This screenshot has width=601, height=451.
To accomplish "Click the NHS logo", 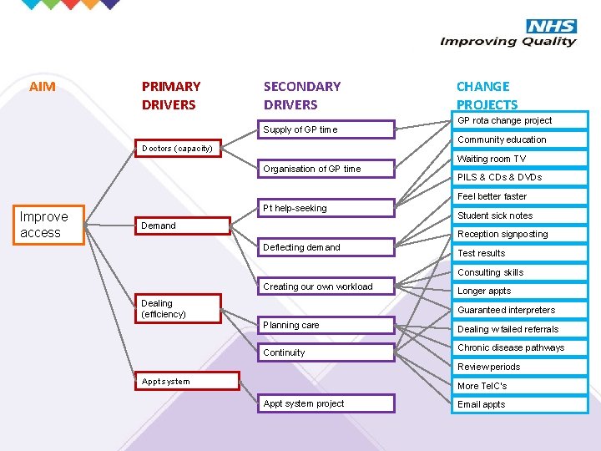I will coord(551,26).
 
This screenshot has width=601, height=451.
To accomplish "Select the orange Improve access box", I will coord(52,225).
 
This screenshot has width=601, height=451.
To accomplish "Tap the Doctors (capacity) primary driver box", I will coord(178,149).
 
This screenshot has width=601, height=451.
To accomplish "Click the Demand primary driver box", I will coord(183,225).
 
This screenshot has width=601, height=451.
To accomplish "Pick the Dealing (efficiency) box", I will coord(179,308).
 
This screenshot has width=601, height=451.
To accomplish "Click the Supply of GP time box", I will coord(326,129).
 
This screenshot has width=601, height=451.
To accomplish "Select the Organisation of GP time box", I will coord(326,169).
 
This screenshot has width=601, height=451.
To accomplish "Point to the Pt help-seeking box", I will coord(326,208).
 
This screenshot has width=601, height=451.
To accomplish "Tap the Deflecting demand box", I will coord(326,247).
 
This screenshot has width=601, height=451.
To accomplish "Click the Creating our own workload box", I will coord(326,286).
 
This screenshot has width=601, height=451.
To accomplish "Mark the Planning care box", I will coord(326,326).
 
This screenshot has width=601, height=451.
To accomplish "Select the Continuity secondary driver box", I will coord(326,352).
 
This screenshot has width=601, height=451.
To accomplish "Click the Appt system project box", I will coord(326,404).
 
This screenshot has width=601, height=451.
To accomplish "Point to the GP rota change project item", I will coord(504,120).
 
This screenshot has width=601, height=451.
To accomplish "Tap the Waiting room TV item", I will coord(492,159).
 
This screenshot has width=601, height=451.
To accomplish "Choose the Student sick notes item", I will coord(495,215).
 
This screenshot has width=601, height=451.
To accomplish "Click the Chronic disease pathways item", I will coord(511,347).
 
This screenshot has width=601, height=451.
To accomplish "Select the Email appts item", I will coord(482,404).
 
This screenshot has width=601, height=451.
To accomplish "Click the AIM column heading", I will coord(43,86).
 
